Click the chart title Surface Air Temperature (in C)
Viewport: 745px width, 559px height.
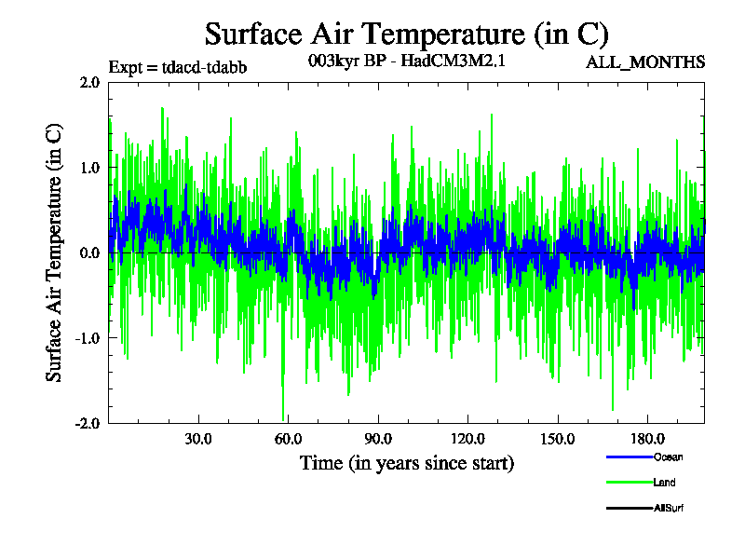coord(406,34)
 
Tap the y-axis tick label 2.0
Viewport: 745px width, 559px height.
coord(89,82)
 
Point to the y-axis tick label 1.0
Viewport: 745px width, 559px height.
coord(89,168)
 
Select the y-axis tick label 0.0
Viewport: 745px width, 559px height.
coord(89,252)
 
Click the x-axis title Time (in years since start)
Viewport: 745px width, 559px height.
coord(406,462)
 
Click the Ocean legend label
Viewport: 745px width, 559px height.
coord(668,457)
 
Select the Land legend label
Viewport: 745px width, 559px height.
coord(664,483)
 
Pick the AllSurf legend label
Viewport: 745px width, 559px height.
coord(669,508)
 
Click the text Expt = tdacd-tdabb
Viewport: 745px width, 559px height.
coord(178,67)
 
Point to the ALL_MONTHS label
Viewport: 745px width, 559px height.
coord(644,62)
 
